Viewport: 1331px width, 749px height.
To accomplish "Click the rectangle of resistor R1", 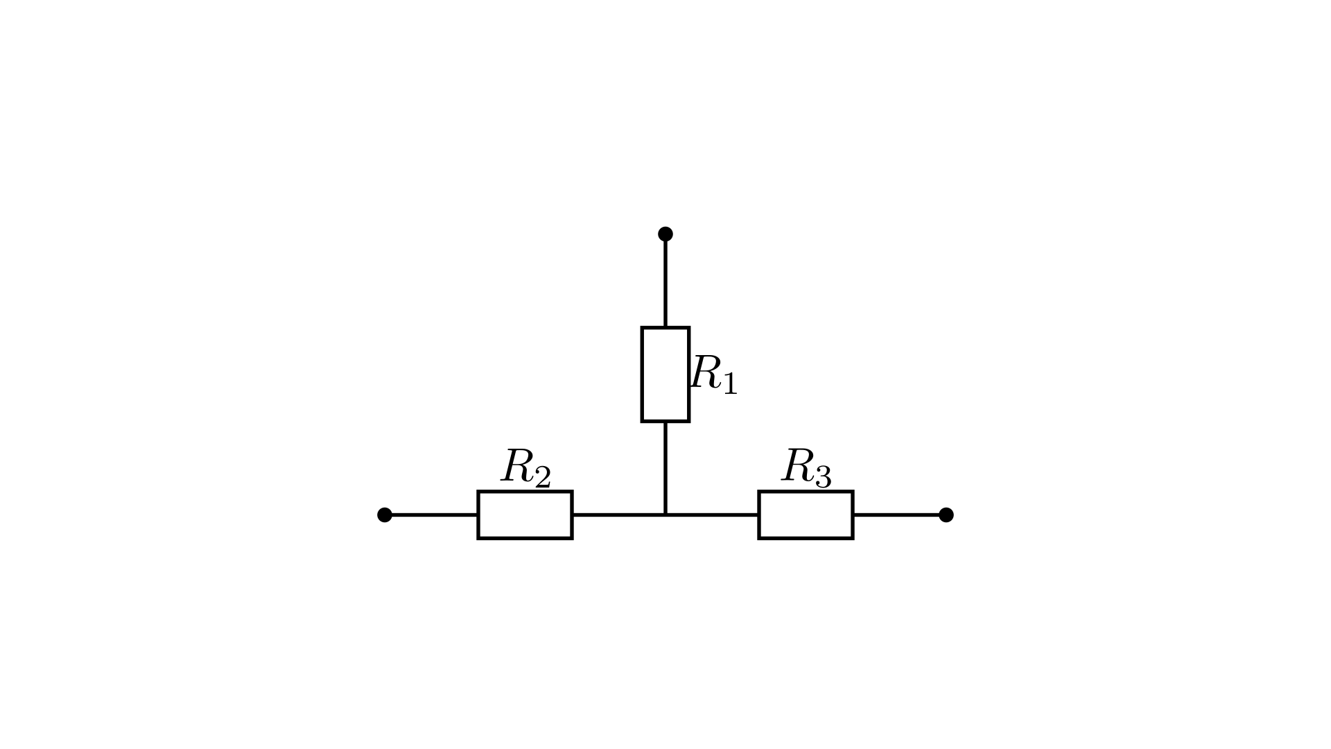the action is (x=643, y=374).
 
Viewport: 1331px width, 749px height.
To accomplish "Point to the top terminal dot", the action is (x=665, y=234).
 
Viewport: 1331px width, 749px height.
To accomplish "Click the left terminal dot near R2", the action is (x=385, y=515).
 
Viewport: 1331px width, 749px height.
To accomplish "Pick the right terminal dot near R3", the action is (x=946, y=515).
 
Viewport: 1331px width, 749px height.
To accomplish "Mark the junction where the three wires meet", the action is (x=665, y=515).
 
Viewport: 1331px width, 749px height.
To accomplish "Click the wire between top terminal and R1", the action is (x=665, y=280).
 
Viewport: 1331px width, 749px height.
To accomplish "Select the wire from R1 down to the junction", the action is (x=665, y=468).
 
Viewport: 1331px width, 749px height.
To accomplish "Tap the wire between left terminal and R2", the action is (x=431, y=515).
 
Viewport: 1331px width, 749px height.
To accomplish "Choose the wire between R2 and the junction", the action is (x=618, y=515).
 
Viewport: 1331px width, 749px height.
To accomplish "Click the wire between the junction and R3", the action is (x=712, y=515).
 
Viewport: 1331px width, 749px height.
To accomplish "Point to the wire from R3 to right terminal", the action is (x=899, y=515).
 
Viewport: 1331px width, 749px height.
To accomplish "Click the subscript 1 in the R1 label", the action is (x=730, y=383).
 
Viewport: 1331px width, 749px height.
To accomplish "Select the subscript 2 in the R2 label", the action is (x=542, y=477).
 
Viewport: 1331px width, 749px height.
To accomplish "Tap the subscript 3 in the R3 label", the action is (x=823, y=477).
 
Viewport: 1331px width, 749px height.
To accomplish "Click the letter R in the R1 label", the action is (x=706, y=372).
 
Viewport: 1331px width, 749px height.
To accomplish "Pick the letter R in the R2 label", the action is (x=517, y=466).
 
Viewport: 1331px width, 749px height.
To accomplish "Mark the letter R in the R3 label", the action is (x=798, y=466).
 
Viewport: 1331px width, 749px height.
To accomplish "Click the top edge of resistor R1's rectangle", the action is (x=665, y=327).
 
